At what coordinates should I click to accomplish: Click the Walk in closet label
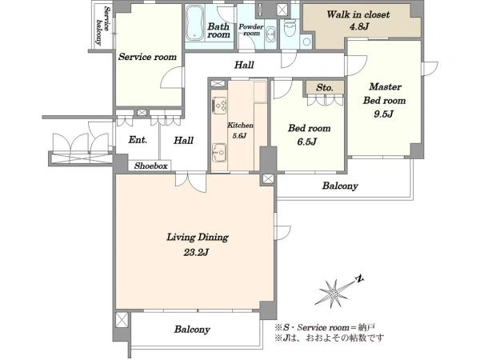(x=358, y=14)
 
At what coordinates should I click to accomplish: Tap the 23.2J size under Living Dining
(x=196, y=253)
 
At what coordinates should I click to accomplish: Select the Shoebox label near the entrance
(x=151, y=166)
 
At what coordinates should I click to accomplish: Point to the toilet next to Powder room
(x=289, y=28)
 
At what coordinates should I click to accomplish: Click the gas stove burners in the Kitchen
(x=219, y=106)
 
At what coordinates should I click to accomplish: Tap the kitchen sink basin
(x=219, y=151)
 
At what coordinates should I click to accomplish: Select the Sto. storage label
(x=325, y=88)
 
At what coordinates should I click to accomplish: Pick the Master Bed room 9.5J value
(x=383, y=114)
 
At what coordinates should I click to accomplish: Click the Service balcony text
(x=102, y=26)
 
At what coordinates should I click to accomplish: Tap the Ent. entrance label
(x=138, y=140)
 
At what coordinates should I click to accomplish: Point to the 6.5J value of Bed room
(x=306, y=142)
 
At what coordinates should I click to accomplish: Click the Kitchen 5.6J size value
(x=239, y=136)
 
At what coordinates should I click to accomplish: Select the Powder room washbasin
(x=270, y=34)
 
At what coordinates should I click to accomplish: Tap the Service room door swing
(x=172, y=78)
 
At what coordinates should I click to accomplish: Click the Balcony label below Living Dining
(x=192, y=330)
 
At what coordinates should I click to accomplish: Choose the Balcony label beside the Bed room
(x=340, y=186)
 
